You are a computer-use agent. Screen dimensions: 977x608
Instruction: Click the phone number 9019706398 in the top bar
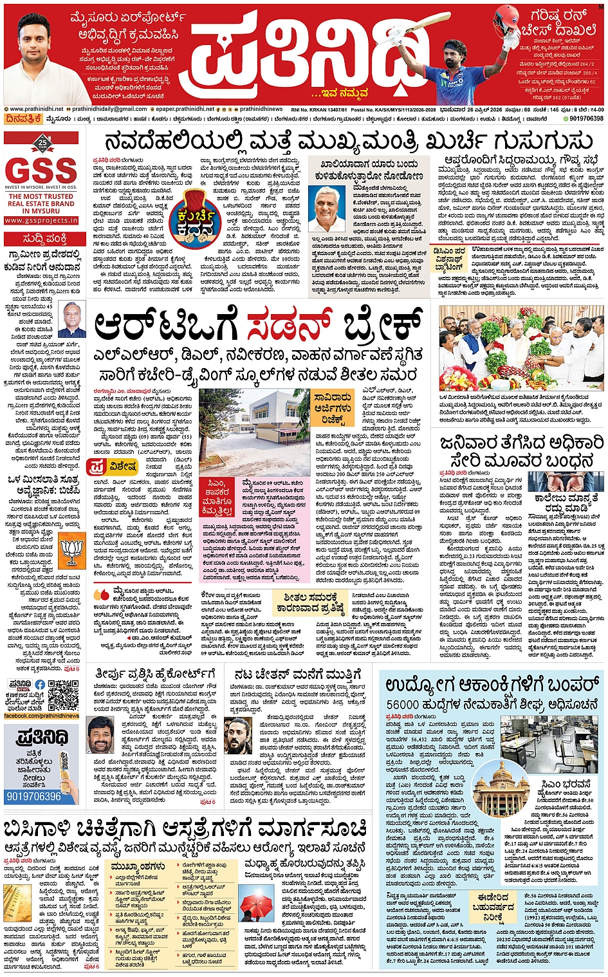586,118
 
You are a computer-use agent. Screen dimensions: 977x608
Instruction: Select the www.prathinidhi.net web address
37,109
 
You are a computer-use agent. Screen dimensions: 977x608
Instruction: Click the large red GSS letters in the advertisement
41,170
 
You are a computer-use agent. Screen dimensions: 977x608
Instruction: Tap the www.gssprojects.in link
41,220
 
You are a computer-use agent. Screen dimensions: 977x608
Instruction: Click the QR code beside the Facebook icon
62,694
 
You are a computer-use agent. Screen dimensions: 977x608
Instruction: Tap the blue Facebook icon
41,685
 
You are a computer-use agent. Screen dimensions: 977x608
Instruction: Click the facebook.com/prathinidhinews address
41,716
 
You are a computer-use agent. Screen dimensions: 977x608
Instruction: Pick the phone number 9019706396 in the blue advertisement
33,796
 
